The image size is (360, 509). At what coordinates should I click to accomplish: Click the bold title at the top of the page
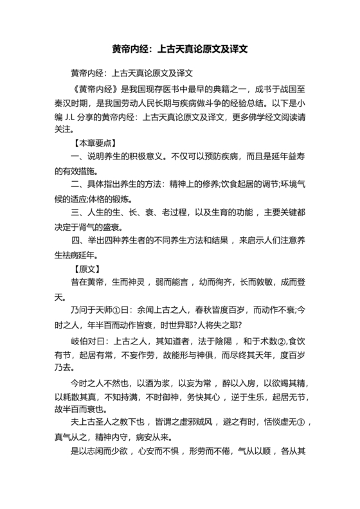point(180,48)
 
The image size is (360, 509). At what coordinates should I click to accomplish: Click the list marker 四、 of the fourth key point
point(80,242)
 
